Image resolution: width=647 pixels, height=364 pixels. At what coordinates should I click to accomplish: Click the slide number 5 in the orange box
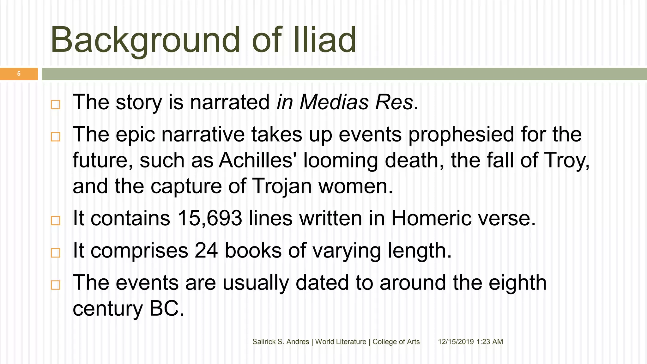[19, 74]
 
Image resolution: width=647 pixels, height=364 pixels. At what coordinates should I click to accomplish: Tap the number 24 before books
[206, 250]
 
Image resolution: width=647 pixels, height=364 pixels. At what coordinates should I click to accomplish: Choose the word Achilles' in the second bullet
[256, 160]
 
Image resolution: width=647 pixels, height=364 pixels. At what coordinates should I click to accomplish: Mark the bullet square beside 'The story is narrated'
[56, 104]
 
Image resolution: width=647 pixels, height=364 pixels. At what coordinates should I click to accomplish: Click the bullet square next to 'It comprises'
[56, 252]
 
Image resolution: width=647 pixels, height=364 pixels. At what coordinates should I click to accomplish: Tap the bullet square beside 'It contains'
[56, 220]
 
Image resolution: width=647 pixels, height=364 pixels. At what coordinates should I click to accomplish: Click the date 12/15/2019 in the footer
[456, 342]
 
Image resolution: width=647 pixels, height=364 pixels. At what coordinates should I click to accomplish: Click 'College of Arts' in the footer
[396, 342]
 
